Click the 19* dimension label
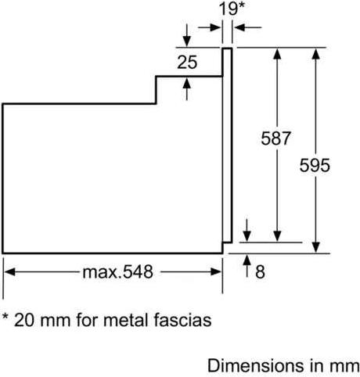pos(231,9)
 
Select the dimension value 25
pos(187,62)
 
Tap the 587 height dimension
pos(275,138)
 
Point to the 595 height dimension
pos(315,165)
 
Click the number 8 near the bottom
pos(260,271)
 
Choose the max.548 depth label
pos(118,272)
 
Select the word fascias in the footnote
pos(182,320)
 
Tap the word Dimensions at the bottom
pos(256,365)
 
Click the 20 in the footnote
pos(24,320)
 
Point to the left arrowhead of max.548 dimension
pos(10,272)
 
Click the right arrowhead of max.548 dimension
pos(216,272)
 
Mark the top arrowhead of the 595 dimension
pos(316,54)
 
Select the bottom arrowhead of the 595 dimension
pos(316,247)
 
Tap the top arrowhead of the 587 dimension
pos(277,54)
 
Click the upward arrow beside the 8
pos(247,265)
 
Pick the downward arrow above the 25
pos(186,35)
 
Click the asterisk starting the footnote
pos(5,317)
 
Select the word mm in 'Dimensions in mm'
pos(344,367)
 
